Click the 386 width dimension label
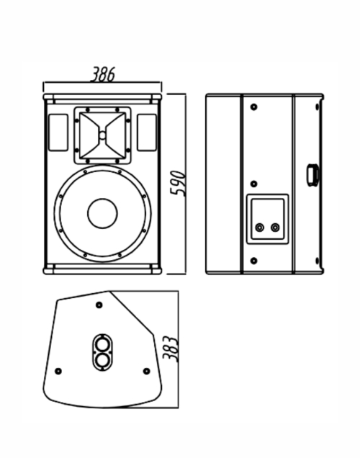click(x=102, y=74)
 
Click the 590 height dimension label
click(x=178, y=184)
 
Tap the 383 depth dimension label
click(x=170, y=349)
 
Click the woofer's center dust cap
click(x=102, y=214)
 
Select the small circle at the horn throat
click(x=102, y=135)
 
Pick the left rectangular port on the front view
click(x=58, y=133)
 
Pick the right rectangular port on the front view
click(x=147, y=133)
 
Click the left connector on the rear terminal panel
click(x=260, y=228)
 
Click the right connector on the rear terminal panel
click(x=275, y=228)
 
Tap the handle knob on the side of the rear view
click(x=312, y=175)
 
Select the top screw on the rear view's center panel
click(x=254, y=107)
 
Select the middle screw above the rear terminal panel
click(x=254, y=184)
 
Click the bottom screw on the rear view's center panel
click(x=254, y=261)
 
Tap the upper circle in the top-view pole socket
click(x=102, y=344)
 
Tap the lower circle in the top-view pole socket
click(x=102, y=360)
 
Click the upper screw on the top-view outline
click(x=99, y=305)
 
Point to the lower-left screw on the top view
click(x=58, y=372)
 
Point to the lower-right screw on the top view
click(x=147, y=372)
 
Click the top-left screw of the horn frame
click(x=88, y=110)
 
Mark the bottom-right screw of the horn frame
click(x=117, y=161)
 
